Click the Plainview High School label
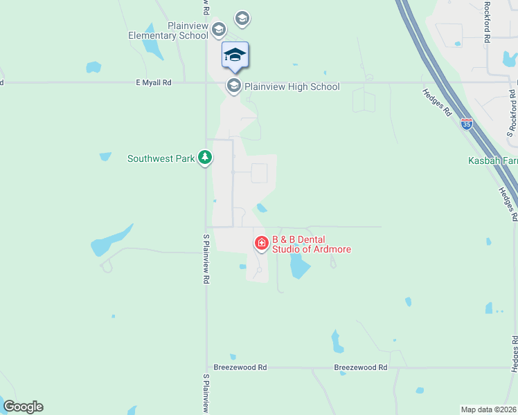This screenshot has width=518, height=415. [292, 86]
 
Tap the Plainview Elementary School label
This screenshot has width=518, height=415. [168, 30]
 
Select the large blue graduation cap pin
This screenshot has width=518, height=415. [235, 55]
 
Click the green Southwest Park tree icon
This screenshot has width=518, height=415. [205, 158]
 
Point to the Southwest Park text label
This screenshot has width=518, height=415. [161, 158]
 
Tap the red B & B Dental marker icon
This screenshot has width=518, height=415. [262, 243]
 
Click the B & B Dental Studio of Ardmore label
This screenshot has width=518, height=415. [311, 244]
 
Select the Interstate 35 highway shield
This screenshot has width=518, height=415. [467, 124]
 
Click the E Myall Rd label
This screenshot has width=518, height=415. [153, 82]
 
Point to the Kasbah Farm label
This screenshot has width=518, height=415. [492, 160]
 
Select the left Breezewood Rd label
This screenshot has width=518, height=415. [240, 367]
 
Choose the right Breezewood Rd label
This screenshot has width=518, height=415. [360, 367]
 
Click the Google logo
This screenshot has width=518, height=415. [23, 407]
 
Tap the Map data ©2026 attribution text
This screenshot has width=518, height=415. [489, 409]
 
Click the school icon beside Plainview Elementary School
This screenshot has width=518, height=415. [219, 29]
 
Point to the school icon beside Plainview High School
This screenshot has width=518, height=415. [234, 86]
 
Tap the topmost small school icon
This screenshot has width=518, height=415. [242, 17]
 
